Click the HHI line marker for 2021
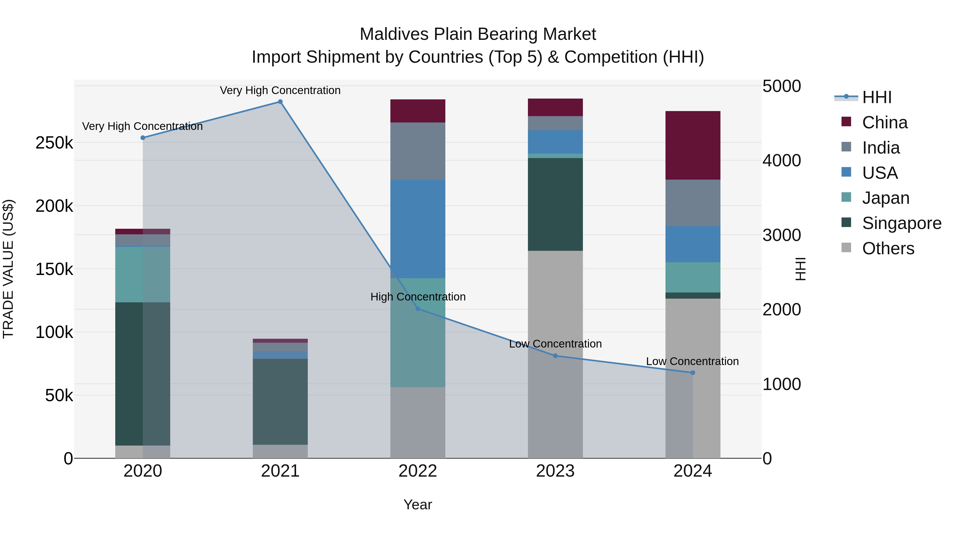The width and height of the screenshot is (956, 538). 280,102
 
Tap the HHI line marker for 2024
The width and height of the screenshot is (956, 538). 693,373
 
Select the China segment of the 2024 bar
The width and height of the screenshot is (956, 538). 693,145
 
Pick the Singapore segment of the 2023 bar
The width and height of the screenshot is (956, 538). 555,204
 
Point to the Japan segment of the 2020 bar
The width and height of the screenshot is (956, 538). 143,274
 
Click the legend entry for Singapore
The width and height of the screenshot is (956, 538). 902,223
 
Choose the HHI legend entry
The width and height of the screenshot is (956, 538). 877,97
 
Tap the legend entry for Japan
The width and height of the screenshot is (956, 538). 885,198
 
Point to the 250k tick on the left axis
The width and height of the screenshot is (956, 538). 54,143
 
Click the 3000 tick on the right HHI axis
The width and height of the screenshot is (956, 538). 781,235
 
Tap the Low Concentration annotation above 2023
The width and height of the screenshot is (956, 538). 555,344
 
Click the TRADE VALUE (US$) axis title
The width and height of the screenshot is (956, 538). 8,269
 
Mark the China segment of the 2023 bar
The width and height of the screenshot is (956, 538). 555,107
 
